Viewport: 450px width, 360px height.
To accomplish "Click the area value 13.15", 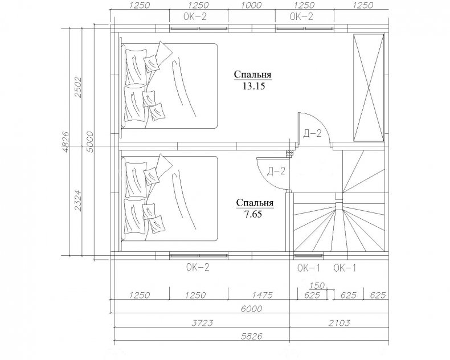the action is tap(253, 86).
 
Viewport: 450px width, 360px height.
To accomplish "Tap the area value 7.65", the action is tap(253, 214).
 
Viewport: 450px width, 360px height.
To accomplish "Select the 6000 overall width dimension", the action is tap(251, 309).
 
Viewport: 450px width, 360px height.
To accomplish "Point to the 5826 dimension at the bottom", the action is tap(251, 336).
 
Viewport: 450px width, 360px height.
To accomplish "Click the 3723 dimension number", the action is tap(202, 323).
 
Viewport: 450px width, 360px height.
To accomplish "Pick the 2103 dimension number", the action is tap(339, 323).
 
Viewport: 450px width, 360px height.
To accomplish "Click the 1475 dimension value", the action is tap(262, 295).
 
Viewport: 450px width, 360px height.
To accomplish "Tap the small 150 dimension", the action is tap(317, 285).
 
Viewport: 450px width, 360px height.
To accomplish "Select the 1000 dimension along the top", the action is tap(251, 6).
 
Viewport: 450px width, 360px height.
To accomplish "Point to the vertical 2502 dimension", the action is tap(78, 87).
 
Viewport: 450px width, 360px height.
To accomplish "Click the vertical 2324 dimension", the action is tap(78, 201).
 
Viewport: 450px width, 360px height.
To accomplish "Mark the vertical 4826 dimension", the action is tap(66, 142).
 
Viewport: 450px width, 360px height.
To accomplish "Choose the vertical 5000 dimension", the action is tap(90, 142).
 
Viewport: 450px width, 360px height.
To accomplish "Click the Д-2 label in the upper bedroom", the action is tap(312, 133).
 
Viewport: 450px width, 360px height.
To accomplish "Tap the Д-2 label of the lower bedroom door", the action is tap(276, 171).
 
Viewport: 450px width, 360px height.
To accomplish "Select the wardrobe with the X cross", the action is tap(369, 88).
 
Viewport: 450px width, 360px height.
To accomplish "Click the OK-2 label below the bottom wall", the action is tap(198, 267).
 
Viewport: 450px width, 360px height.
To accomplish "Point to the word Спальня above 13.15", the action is tap(252, 75).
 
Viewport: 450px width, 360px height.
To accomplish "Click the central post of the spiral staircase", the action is tap(339, 206).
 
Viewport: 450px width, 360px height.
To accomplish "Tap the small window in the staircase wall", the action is tap(309, 256).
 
